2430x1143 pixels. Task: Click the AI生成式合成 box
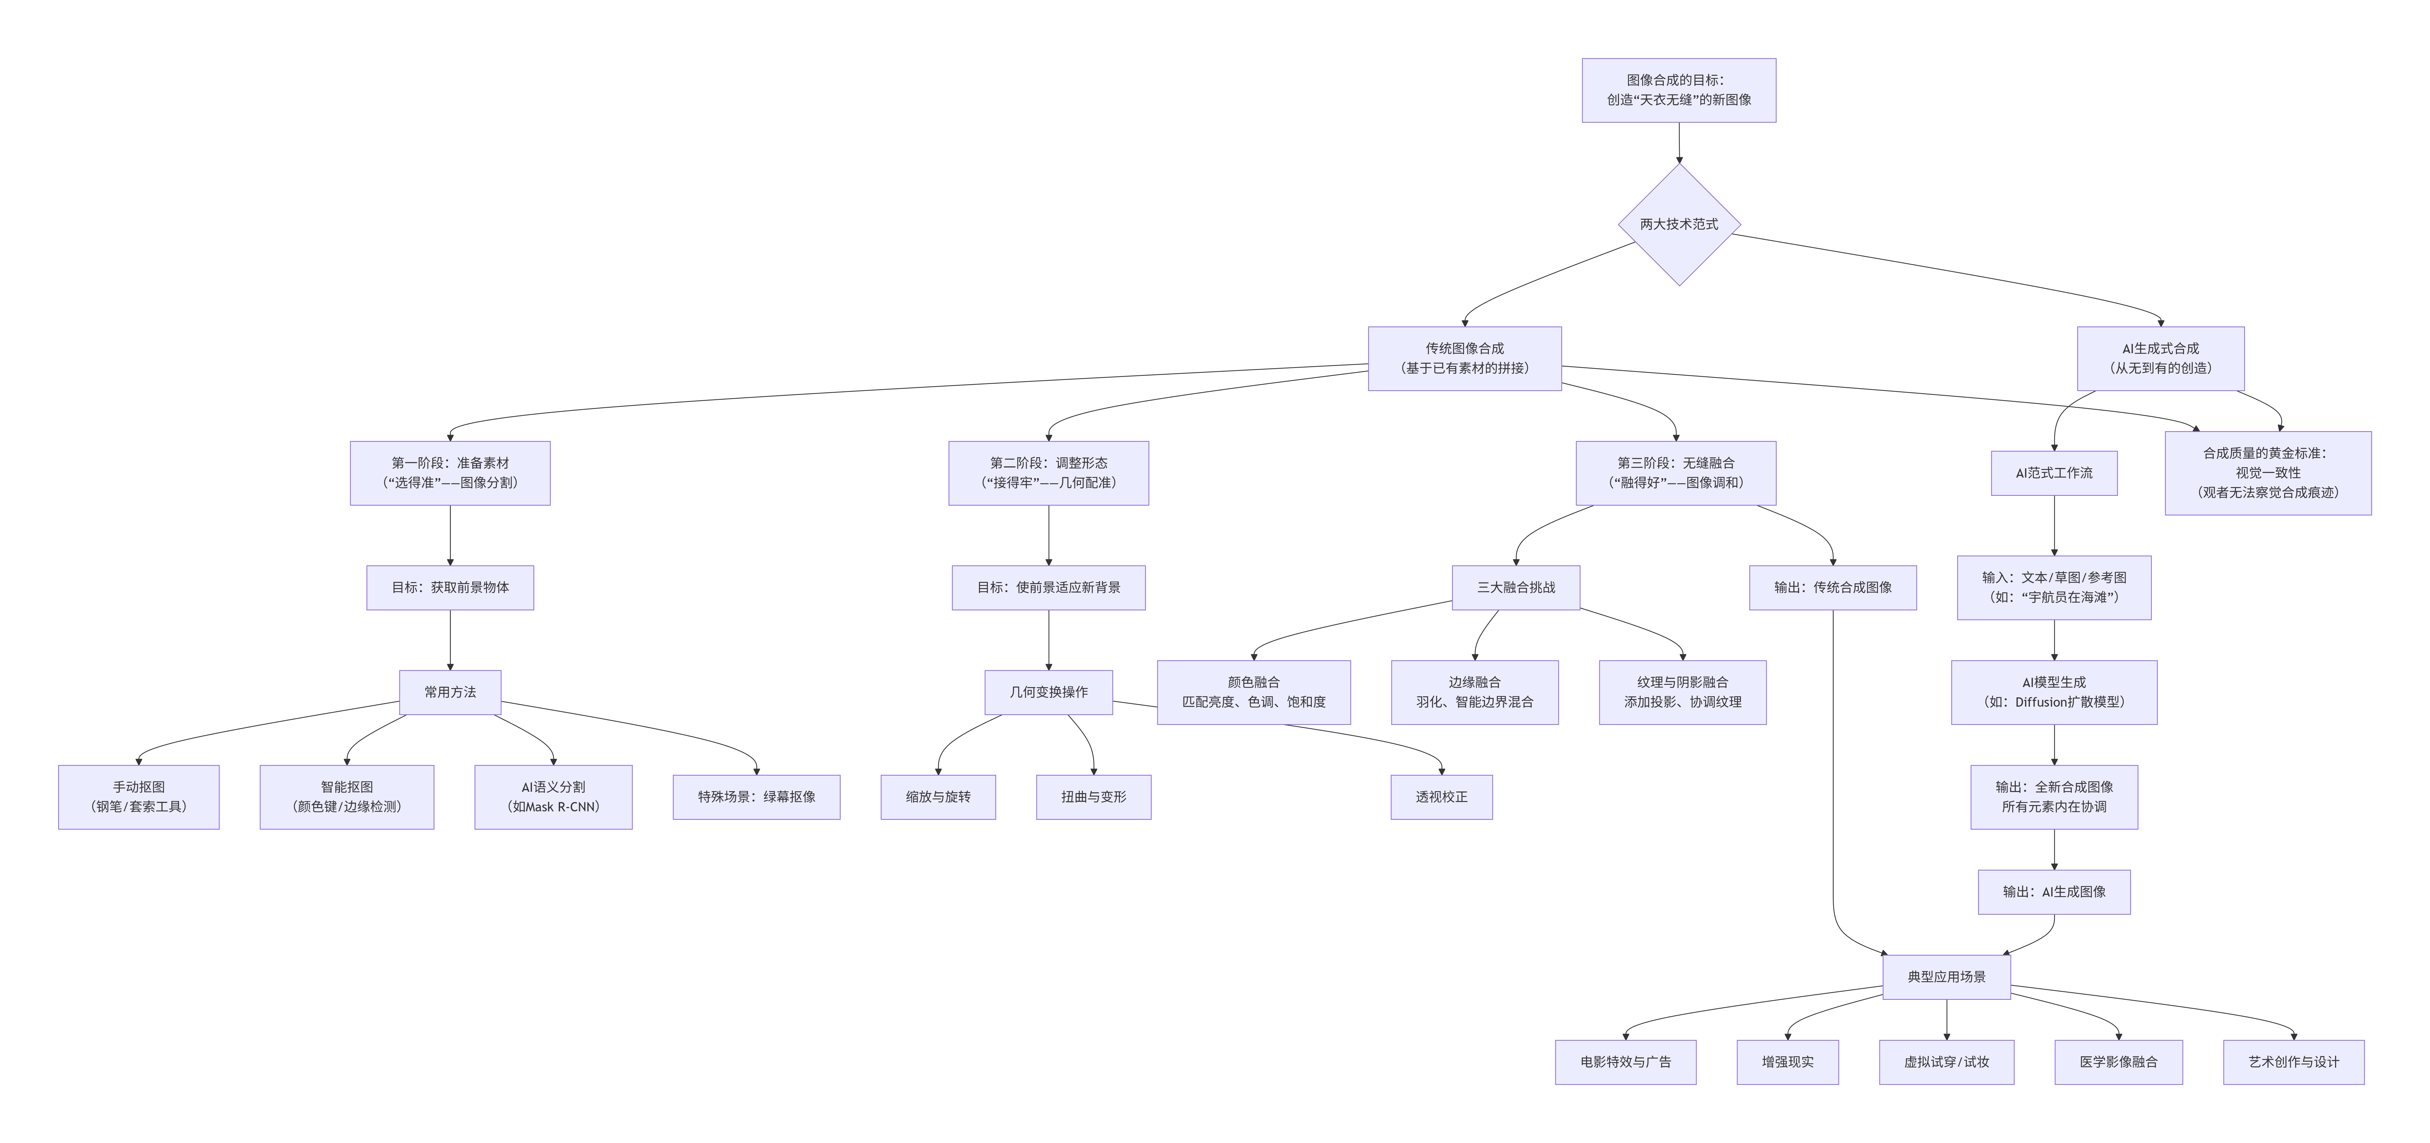2160,358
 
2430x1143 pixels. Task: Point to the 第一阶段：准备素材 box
450,472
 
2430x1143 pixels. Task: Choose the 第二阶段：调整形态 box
1048,472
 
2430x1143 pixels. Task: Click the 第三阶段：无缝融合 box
1675,472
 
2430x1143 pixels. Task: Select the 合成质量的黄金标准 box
2268,472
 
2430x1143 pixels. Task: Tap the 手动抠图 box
139,797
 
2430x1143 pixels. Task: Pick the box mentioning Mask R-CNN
553,797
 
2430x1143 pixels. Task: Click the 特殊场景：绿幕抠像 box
757,797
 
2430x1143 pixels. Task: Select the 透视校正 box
1441,797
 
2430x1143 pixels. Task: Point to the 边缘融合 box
1474,692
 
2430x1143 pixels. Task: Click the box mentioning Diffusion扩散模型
2054,692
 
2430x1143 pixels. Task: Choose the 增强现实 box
1788,1062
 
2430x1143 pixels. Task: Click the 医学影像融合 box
2119,1062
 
